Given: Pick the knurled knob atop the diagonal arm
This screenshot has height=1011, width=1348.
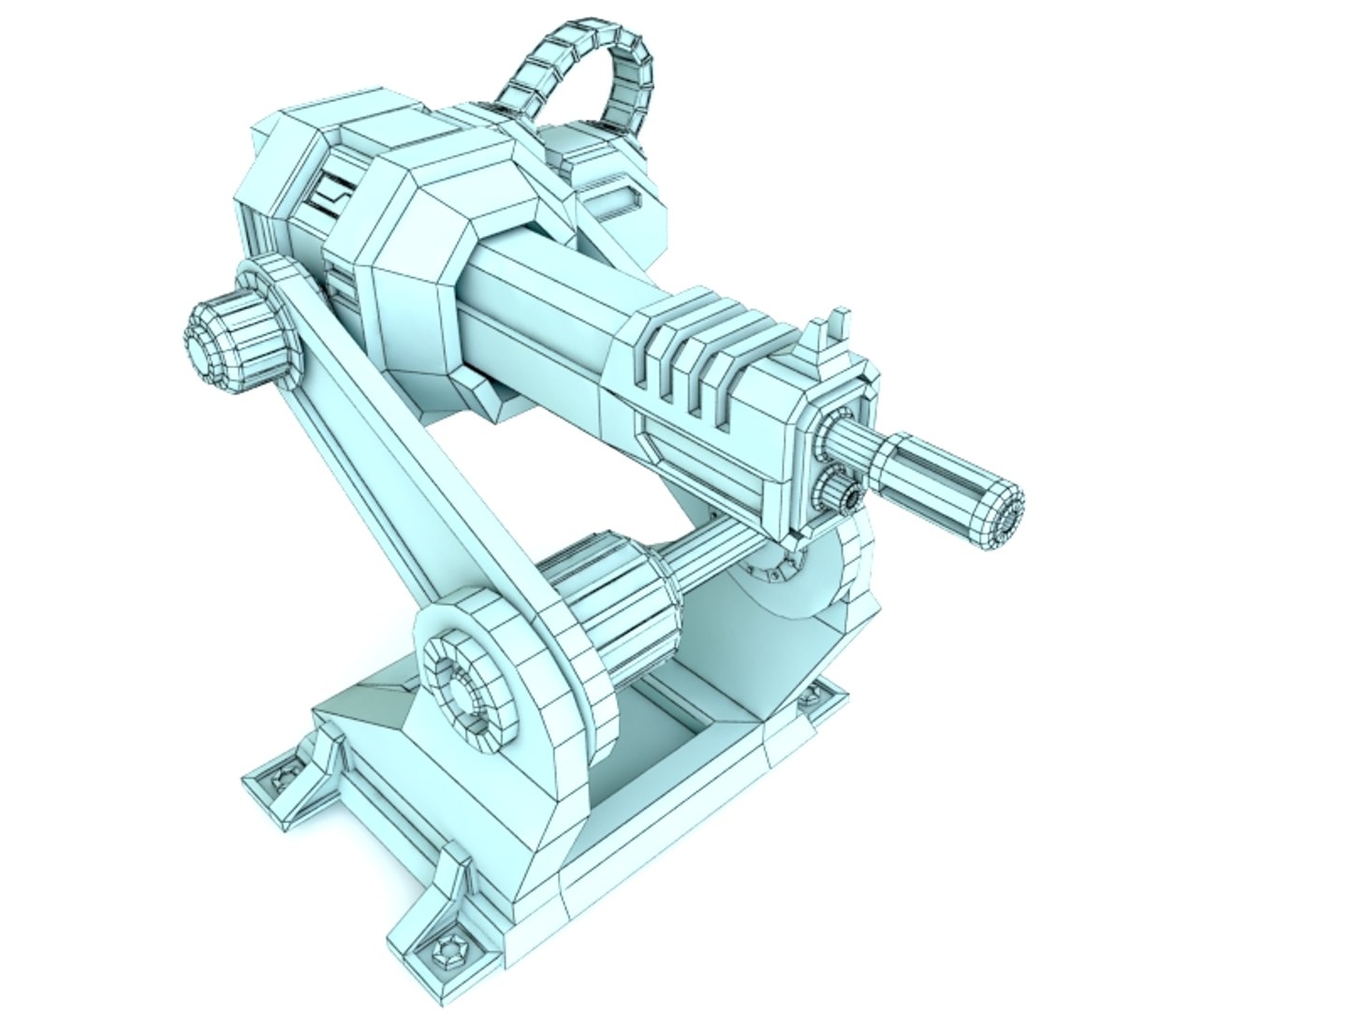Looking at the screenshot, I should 229,337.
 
